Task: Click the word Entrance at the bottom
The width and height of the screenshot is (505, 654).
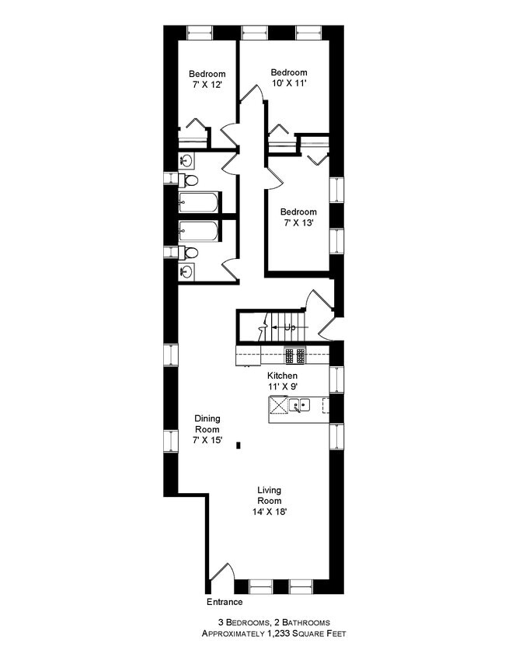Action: pos(225,602)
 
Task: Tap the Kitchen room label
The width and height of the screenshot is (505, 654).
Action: pos(282,376)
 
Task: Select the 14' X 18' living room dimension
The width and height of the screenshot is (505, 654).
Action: pos(269,512)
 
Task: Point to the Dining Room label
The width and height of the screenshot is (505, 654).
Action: pos(207,424)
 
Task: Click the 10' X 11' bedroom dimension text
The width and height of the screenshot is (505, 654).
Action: pos(289,83)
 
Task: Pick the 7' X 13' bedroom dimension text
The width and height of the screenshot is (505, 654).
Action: pos(298,222)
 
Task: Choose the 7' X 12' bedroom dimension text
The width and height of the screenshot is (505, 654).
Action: pos(207,85)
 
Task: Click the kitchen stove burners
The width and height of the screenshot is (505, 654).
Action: pos(295,355)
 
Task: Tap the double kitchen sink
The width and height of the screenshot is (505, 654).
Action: pos(300,405)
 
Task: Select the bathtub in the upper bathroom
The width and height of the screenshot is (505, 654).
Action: pos(198,202)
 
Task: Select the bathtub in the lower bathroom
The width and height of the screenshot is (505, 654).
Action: pos(198,232)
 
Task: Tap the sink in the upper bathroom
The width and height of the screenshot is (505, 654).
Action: pos(186,160)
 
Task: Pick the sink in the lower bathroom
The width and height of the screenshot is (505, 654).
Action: pos(186,272)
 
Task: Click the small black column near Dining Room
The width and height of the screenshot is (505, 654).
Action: pos(239,446)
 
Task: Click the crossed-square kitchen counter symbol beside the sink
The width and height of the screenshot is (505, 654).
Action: pos(278,404)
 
